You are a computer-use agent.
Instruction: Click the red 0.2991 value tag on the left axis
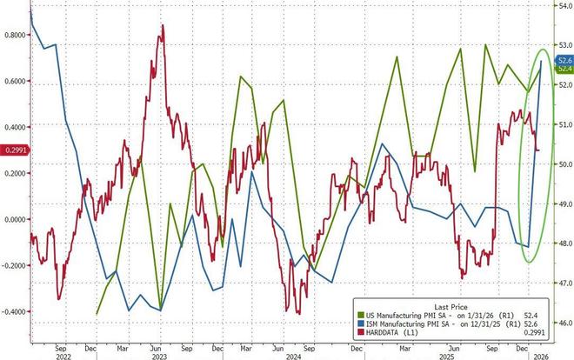click(x=13, y=150)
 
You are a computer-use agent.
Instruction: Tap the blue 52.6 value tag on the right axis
click(x=564, y=59)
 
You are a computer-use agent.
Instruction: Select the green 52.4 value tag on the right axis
click(x=564, y=68)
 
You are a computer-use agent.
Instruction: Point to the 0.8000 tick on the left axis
click(x=14, y=36)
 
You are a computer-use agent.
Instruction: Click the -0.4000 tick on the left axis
click(x=13, y=310)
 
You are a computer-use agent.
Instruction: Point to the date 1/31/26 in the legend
click(x=478, y=306)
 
